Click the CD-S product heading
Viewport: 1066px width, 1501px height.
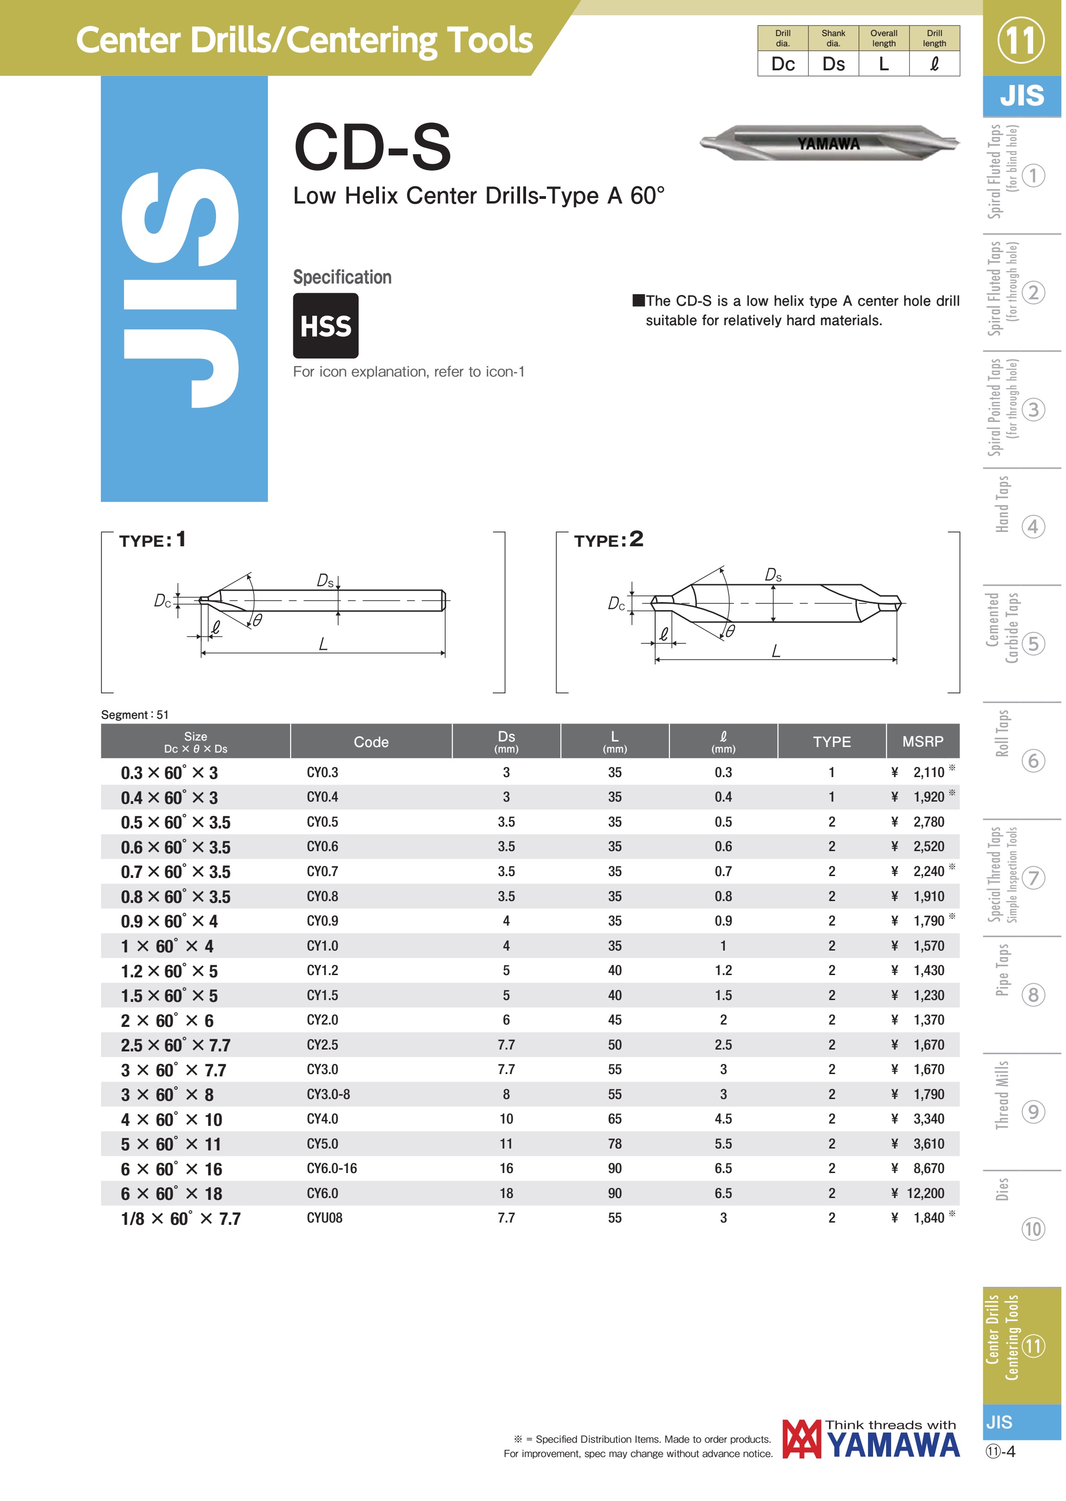click(373, 148)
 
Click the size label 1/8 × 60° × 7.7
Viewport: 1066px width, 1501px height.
click(181, 1223)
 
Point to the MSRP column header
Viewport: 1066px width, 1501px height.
click(926, 745)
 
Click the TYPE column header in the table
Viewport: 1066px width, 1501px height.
click(835, 745)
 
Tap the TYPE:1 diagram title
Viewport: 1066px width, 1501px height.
click(153, 542)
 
